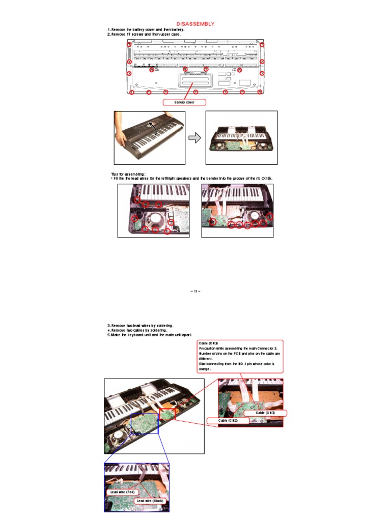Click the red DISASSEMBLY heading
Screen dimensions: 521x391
[195, 24]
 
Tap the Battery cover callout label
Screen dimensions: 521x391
[184, 102]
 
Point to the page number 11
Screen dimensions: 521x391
[195, 291]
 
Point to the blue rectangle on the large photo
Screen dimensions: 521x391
[145, 423]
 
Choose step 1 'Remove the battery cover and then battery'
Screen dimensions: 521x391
[146, 30]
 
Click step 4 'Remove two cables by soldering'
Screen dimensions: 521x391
[138, 330]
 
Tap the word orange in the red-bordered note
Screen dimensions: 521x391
[205, 369]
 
